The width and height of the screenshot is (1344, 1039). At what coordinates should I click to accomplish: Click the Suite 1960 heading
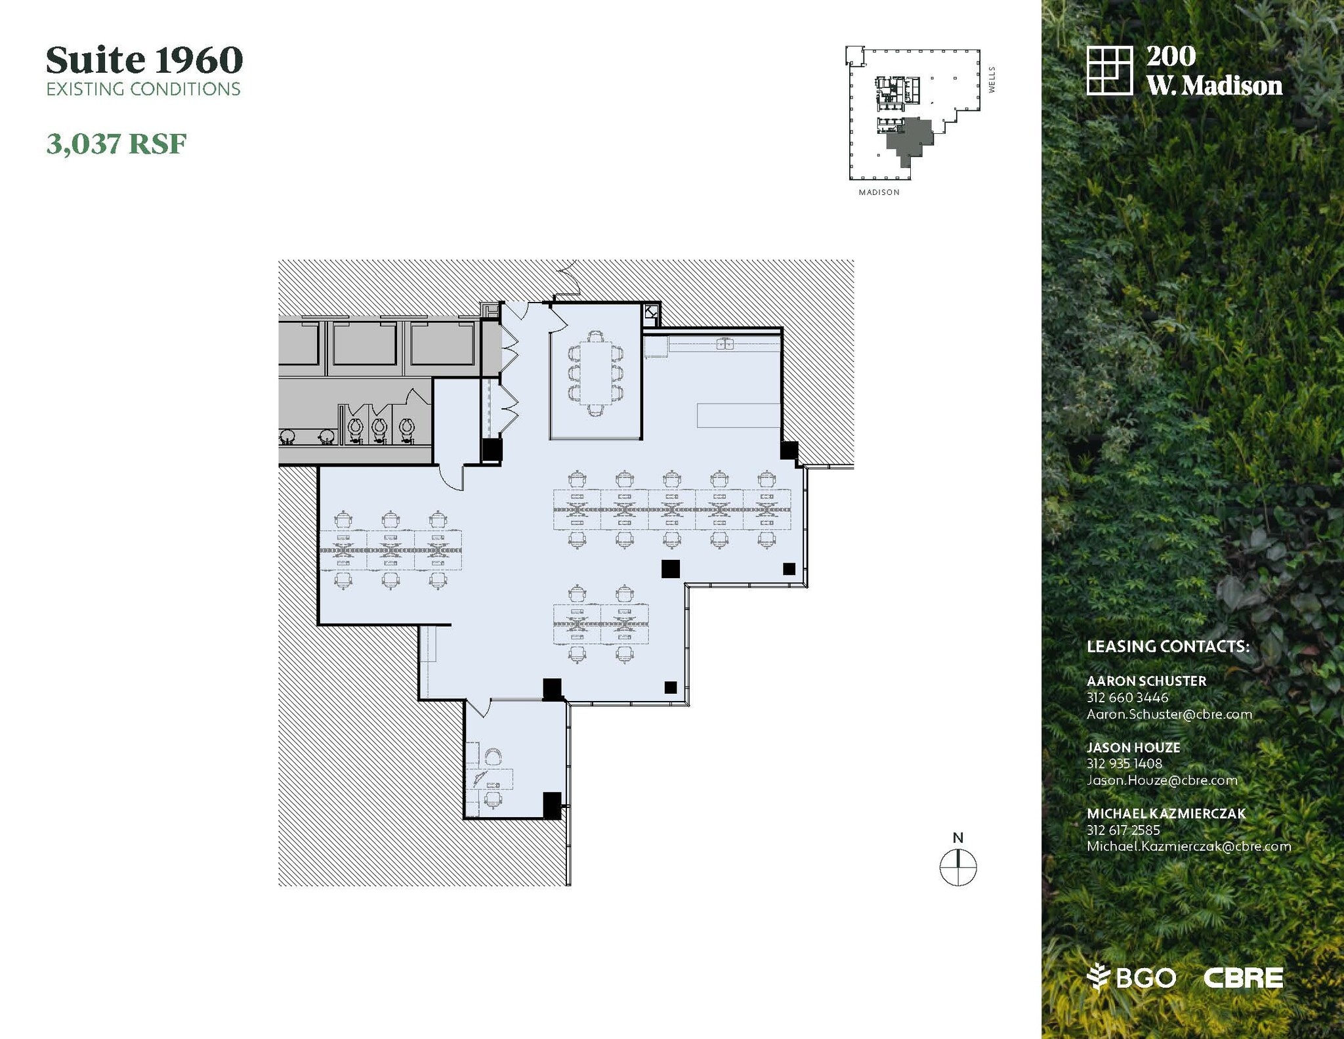pos(144,60)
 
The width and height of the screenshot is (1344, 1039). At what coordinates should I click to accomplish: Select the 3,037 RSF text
pos(116,144)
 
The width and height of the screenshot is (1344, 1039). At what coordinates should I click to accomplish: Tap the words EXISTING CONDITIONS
pos(144,89)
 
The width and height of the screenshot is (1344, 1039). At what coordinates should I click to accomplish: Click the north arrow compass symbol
pos(958,866)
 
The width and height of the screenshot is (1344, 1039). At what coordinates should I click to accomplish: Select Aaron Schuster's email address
pos(1169,714)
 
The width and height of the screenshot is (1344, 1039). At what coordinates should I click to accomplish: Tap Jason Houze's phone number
pos(1124,763)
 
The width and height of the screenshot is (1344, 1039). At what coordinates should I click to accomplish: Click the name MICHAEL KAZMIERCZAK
pos(1166,813)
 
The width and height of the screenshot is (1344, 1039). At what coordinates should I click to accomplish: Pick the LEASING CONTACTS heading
pos(1168,647)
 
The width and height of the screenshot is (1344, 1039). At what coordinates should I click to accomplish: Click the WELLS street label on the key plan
pos(992,79)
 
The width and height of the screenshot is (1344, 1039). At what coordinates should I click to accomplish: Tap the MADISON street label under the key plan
pos(879,192)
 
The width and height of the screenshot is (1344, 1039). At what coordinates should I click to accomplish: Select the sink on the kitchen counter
pos(724,343)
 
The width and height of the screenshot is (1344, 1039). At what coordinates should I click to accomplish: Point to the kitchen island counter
pos(738,415)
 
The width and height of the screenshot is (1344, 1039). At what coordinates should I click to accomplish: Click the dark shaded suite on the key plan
pos(909,139)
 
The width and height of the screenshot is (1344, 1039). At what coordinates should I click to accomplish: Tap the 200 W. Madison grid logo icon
pos(1110,70)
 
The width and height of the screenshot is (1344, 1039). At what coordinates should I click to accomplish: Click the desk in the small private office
pos(490,778)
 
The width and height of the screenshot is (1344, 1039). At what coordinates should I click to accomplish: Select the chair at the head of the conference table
pos(595,336)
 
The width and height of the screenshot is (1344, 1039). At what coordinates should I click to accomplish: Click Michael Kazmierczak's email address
pos(1189,846)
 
